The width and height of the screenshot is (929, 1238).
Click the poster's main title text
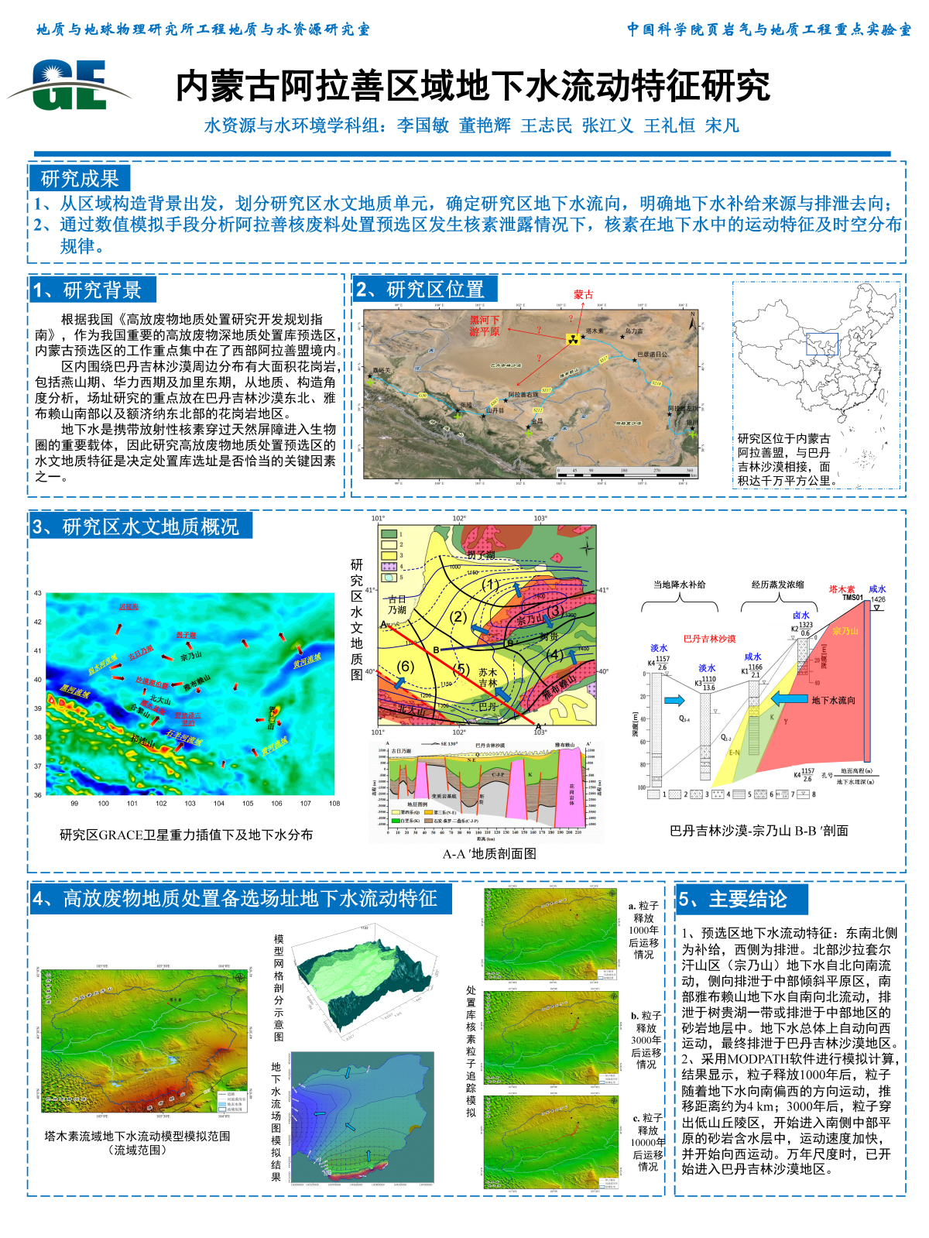coord(472,86)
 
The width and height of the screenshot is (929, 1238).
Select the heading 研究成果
coord(80,179)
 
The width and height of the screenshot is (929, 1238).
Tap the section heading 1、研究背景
coord(93,290)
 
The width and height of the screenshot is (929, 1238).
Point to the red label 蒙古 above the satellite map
coord(583,294)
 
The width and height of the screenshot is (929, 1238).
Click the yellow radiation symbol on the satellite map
coord(573,338)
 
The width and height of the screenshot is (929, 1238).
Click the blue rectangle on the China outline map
coord(821,344)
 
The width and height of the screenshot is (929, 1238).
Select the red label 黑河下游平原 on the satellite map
coord(485,325)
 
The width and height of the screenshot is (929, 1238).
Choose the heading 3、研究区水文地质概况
coord(140,527)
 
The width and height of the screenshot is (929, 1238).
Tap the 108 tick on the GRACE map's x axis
coord(334,804)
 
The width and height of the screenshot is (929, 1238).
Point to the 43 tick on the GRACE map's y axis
coord(38,593)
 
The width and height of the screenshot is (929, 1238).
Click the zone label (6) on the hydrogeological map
coord(406,666)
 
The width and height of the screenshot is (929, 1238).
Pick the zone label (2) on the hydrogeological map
coord(459,616)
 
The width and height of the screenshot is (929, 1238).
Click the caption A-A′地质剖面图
coord(489,853)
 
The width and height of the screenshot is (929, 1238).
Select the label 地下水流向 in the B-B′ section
coord(833,700)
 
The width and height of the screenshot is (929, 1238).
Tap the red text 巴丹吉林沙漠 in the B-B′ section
coord(709,639)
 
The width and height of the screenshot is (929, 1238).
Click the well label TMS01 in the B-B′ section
coord(852,598)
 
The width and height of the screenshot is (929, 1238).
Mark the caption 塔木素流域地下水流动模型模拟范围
coord(137,1136)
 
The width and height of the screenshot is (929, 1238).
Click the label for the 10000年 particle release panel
coord(648,1142)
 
